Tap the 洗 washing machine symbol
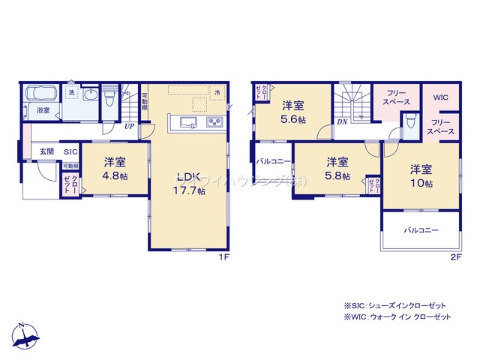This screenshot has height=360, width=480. coord(72,91)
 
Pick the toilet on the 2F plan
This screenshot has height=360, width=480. coord(411,123)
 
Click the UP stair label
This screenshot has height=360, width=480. coord(130,126)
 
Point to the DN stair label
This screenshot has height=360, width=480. coord(341,121)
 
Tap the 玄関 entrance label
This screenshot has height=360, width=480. coord(46,151)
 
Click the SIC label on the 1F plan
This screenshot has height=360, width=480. coord(70,151)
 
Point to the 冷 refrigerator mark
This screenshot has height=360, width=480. coord(217,92)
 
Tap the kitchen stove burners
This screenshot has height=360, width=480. coord(214,122)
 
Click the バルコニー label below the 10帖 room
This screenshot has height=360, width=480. coord(421,230)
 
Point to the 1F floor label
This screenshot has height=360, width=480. coord(223,258)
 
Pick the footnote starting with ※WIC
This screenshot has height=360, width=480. coord(397,317)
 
